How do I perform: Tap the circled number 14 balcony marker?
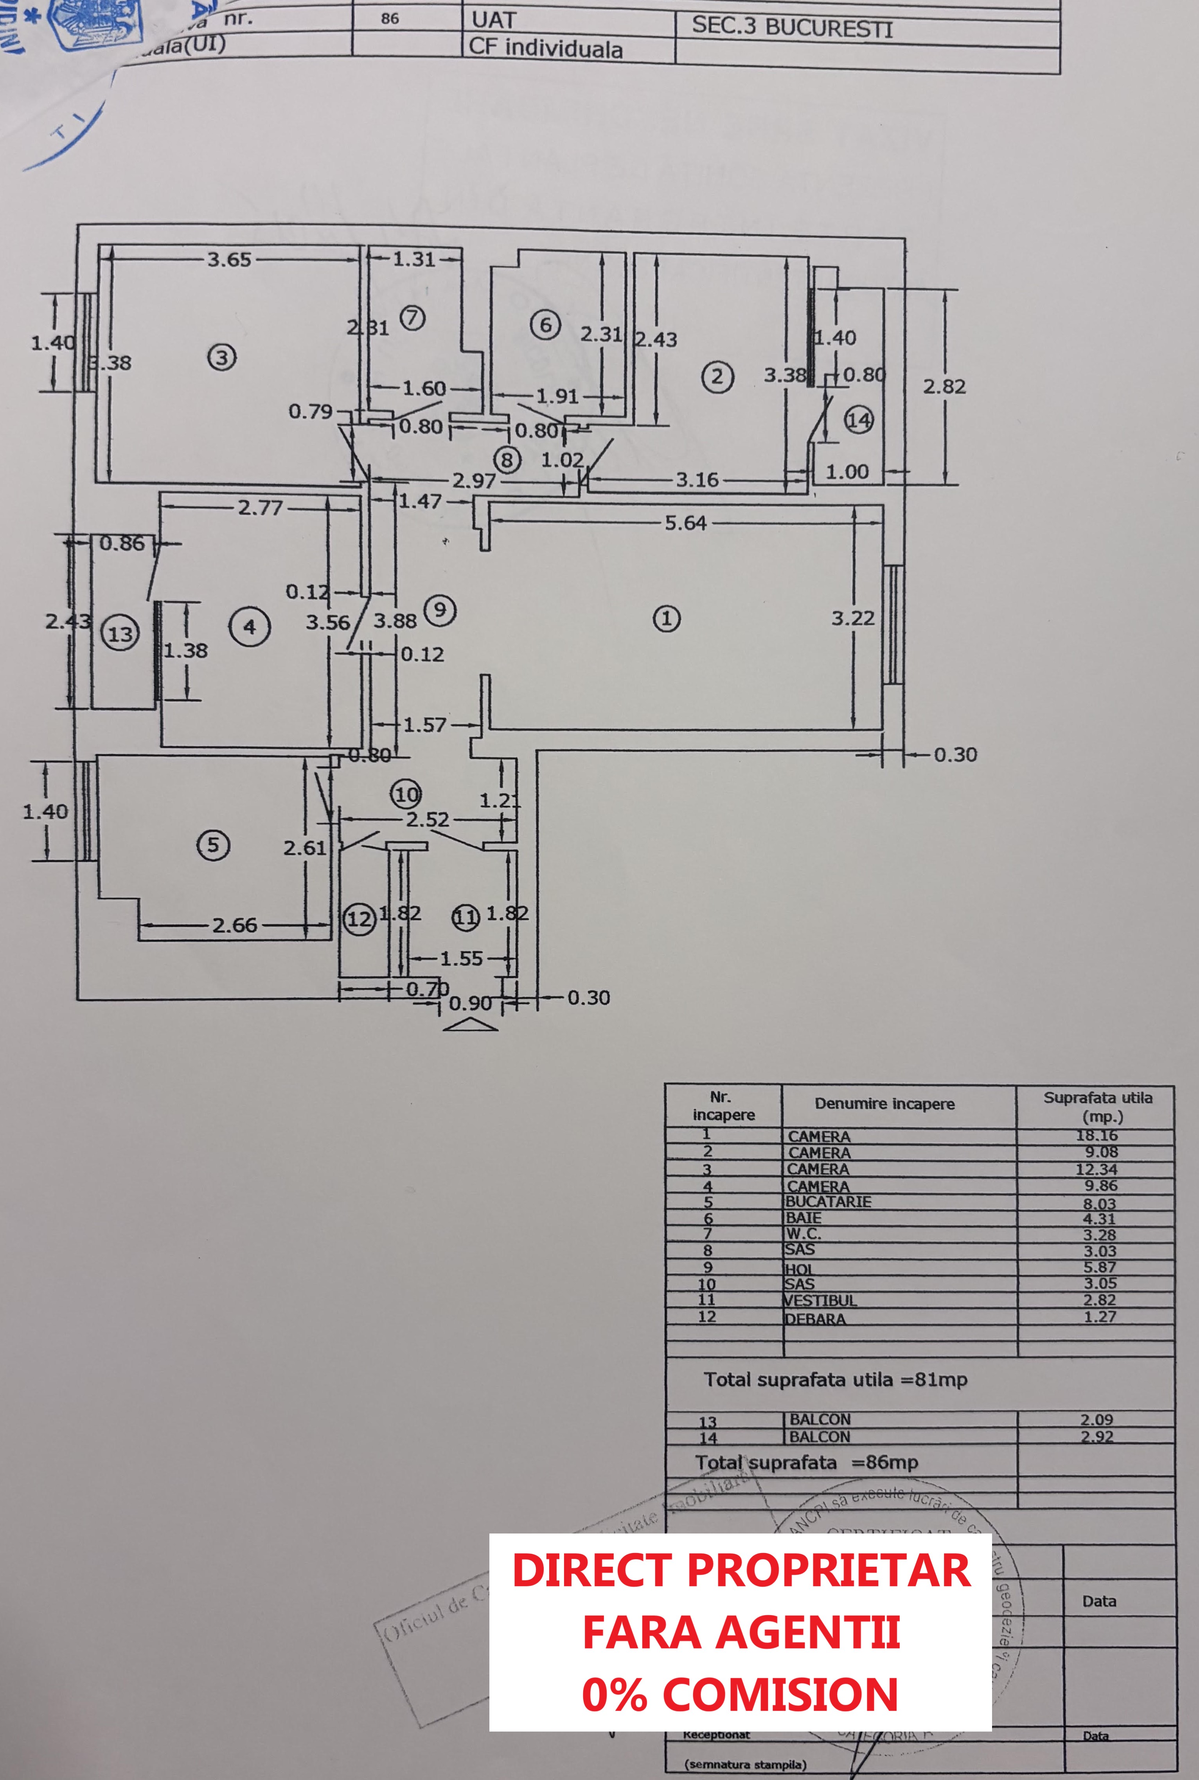tap(859, 420)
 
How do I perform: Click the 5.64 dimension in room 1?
tap(685, 523)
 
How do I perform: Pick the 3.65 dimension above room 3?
tap(228, 259)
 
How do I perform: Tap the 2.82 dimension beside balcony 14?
tap(944, 386)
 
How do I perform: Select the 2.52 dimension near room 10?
tap(428, 819)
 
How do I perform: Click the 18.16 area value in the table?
tap(1097, 1135)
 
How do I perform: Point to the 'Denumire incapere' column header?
tap(884, 1104)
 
